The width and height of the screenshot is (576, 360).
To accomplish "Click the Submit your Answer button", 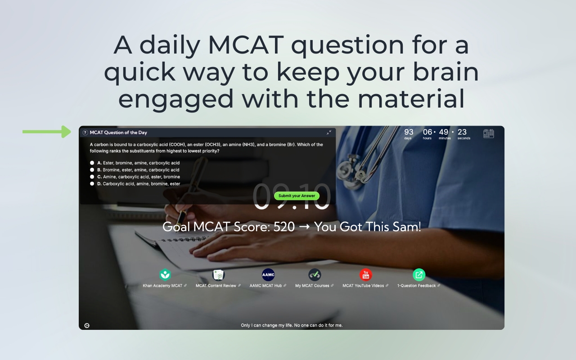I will [x=297, y=196].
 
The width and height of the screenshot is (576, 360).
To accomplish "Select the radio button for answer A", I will [x=92, y=163].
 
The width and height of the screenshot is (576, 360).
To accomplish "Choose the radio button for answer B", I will [x=92, y=170].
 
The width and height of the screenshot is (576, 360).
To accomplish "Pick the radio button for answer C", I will [x=92, y=177].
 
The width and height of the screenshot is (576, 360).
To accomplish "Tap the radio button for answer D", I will [x=92, y=184].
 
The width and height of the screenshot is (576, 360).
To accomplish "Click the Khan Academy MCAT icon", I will [x=165, y=274].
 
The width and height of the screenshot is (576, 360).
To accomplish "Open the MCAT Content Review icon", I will [x=218, y=274].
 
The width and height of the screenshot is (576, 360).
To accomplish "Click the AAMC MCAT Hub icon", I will [x=268, y=274].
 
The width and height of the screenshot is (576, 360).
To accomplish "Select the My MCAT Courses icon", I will [x=315, y=274].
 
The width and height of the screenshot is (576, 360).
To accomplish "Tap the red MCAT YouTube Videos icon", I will [x=365, y=274].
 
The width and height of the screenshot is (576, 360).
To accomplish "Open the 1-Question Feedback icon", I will [x=419, y=274].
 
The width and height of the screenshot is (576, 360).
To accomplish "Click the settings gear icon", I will [x=87, y=325].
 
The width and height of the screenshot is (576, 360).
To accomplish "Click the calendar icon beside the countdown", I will [x=488, y=133].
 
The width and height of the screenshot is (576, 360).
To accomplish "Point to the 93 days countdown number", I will [x=409, y=132].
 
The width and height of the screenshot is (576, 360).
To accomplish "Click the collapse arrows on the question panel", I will [x=329, y=132].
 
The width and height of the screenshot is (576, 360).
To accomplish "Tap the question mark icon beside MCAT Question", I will [x=85, y=133].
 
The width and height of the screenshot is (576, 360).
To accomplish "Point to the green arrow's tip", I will [x=69, y=132].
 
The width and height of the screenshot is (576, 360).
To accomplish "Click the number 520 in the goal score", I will [x=284, y=227].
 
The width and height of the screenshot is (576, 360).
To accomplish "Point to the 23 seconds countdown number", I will [x=462, y=132].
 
